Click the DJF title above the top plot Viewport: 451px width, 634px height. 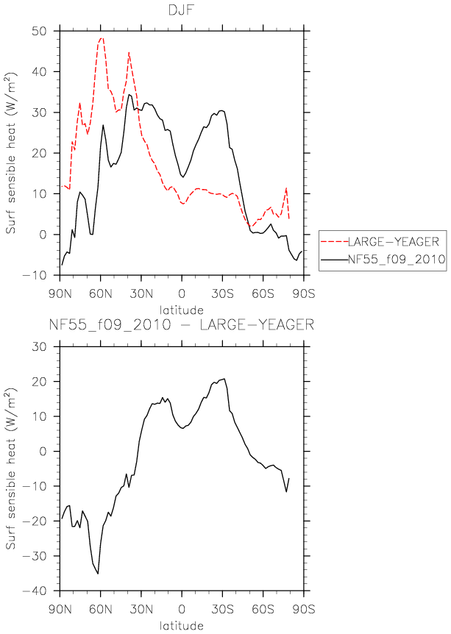click(x=182, y=10)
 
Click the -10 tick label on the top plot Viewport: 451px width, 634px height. click(x=39, y=275)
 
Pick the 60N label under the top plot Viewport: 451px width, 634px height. click(x=101, y=293)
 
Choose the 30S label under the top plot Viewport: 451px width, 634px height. click(x=222, y=293)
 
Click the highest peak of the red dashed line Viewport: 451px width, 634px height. click(x=102, y=38)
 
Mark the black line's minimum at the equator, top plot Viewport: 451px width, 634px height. click(x=182, y=177)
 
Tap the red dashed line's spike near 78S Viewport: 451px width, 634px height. click(x=286, y=188)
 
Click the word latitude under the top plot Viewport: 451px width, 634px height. click(x=181, y=310)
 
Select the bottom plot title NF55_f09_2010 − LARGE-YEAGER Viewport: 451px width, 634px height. click(x=182, y=324)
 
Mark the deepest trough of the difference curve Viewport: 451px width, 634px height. click(x=98, y=574)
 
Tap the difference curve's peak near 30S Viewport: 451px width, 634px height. click(x=224, y=379)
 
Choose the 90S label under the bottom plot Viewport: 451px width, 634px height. click(x=303, y=609)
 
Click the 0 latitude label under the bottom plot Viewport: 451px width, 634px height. click(x=182, y=609)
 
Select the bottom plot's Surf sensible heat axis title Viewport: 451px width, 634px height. click(x=11, y=469)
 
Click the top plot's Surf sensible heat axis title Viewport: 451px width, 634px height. click(x=11, y=153)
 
